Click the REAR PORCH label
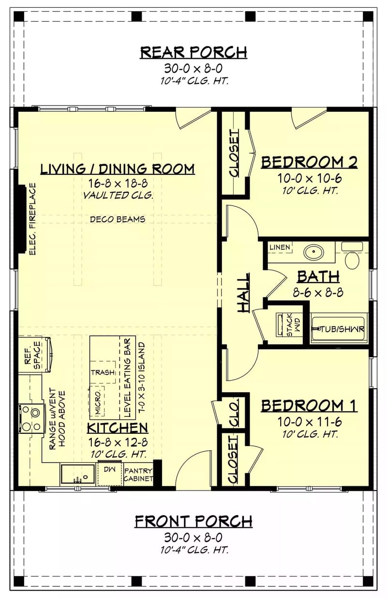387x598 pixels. (x=193, y=52)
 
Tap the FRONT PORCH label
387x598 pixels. (x=193, y=521)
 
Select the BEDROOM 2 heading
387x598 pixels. (x=309, y=162)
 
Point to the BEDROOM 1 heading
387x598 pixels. (x=309, y=405)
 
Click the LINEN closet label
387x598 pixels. (x=280, y=247)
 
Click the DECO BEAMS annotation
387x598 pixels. (x=118, y=219)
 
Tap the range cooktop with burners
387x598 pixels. (x=30, y=413)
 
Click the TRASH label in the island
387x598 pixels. (x=103, y=372)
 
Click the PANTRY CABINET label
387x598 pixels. (x=138, y=475)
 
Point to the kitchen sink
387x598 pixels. (x=77, y=474)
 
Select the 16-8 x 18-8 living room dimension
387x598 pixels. (x=118, y=184)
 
